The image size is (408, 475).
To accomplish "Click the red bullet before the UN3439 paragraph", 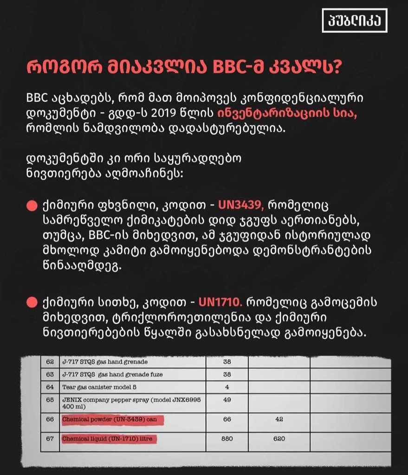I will click(32, 205).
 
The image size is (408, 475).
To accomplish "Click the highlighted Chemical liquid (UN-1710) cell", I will click(107, 438).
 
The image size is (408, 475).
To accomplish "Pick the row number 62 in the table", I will click(50, 361).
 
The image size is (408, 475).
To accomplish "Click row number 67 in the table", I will click(50, 438).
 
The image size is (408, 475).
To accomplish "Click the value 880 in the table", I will click(227, 438).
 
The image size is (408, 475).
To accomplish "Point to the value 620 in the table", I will click(278, 438).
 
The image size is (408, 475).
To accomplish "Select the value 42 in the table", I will click(278, 420).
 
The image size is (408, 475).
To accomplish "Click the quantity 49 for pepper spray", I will click(227, 399).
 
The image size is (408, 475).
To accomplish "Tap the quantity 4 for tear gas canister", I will click(227, 386).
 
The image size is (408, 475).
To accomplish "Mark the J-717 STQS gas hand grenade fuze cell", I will click(112, 374).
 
